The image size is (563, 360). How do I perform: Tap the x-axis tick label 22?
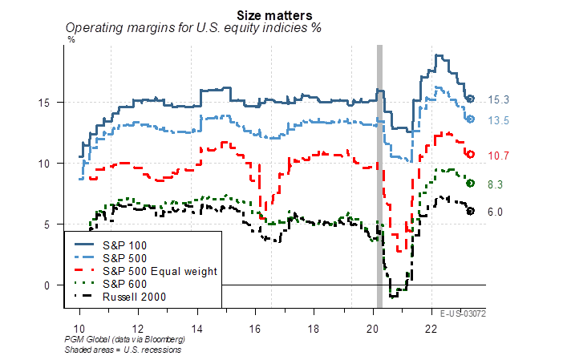[431, 329]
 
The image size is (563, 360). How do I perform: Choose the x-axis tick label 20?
[373, 329]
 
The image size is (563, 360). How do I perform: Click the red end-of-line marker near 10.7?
[472, 153]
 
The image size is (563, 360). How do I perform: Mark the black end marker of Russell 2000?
[471, 211]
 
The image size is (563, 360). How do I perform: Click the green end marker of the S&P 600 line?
[471, 183]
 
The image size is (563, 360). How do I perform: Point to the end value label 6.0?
[496, 211]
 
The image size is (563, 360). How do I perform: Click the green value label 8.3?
[496, 184]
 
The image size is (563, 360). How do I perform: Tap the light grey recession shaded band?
[379, 160]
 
